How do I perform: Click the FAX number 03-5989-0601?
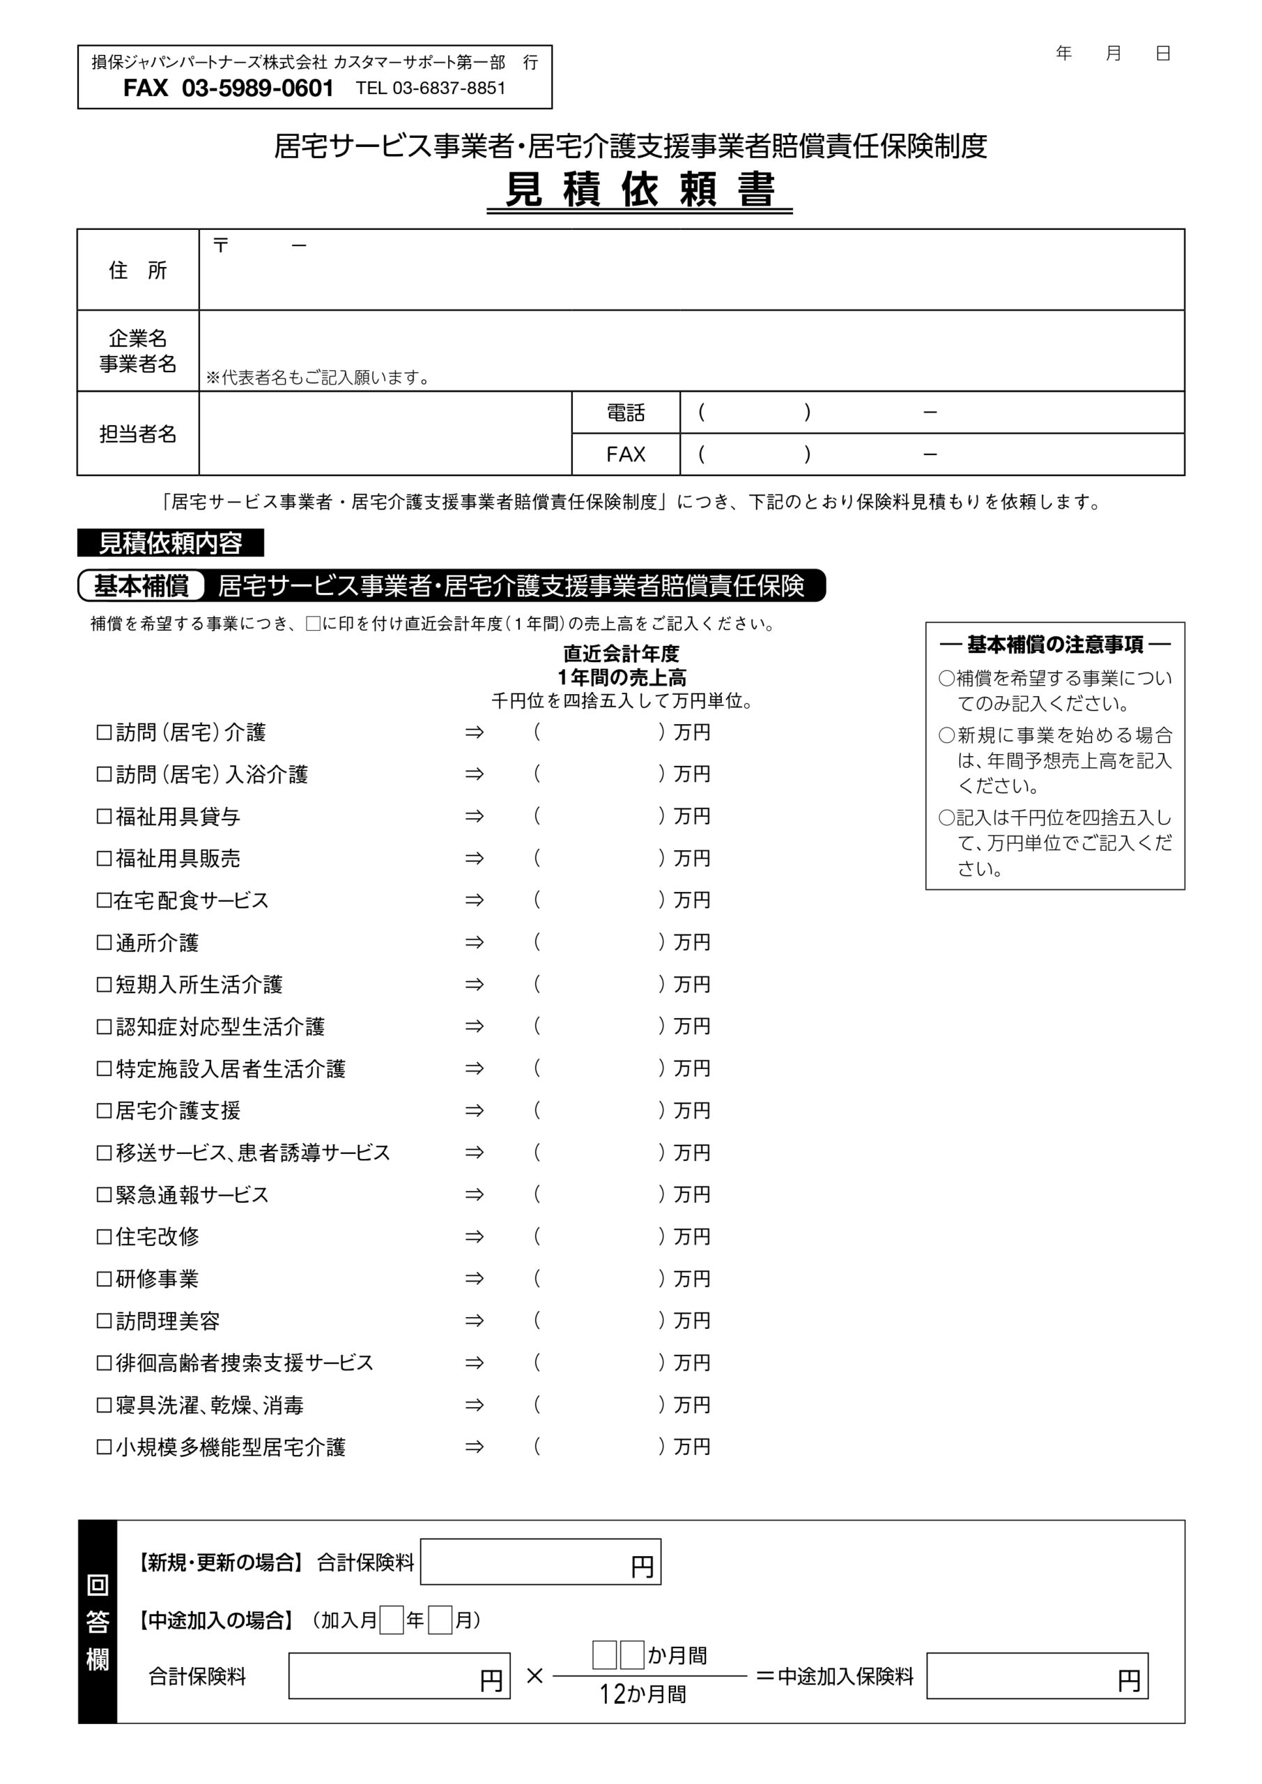click(257, 89)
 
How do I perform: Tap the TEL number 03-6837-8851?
click(448, 89)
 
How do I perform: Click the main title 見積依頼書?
click(640, 190)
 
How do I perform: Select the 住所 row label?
click(138, 270)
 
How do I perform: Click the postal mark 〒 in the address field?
click(221, 245)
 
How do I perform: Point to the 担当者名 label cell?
click(138, 433)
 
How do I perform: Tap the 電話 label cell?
click(626, 413)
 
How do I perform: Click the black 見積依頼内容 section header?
click(170, 543)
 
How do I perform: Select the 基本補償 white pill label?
click(141, 586)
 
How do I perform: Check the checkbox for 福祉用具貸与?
click(104, 817)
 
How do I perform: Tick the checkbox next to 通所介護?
click(104, 942)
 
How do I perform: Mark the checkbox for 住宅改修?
click(104, 1236)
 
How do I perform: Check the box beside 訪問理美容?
click(104, 1320)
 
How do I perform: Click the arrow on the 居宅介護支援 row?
click(474, 1110)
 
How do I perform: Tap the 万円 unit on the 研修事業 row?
click(691, 1278)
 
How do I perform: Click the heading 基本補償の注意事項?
click(1054, 644)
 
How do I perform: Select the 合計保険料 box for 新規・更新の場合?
click(540, 1561)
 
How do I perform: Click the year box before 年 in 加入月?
click(392, 1620)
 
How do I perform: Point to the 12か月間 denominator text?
click(642, 1694)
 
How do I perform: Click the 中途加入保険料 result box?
click(1037, 1675)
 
